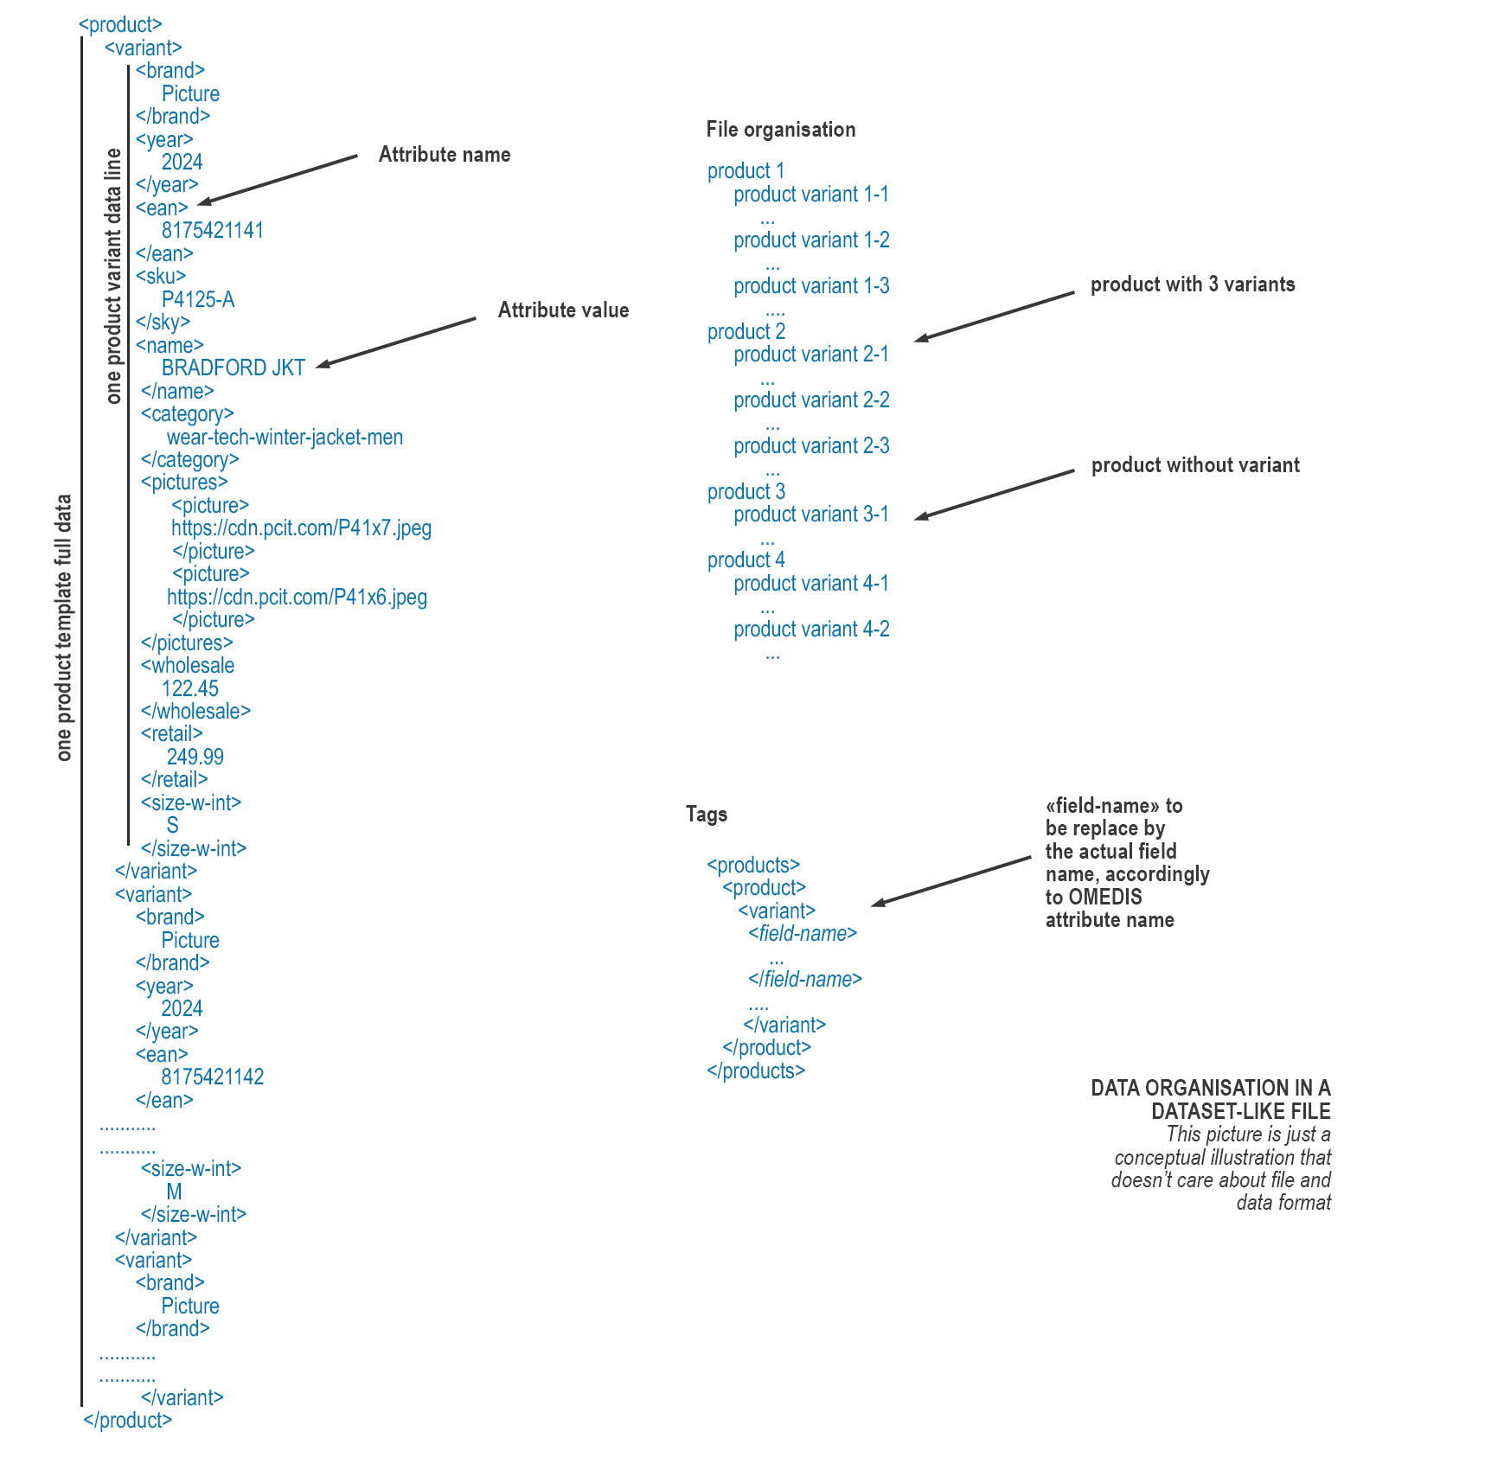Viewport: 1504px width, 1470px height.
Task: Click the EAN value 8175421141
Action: (x=212, y=231)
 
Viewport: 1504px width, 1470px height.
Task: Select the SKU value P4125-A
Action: (x=198, y=300)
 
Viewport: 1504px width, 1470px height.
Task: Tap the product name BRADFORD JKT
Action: (x=233, y=368)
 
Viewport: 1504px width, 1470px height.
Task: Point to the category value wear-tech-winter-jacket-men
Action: (x=285, y=438)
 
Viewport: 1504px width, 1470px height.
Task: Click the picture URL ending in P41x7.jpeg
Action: (x=301, y=528)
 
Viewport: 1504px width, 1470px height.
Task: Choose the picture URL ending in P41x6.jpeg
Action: (x=297, y=598)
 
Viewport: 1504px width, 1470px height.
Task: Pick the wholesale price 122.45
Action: (x=190, y=689)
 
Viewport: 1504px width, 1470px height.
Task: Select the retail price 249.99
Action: (x=195, y=757)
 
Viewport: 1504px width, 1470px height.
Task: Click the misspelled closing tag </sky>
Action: (x=163, y=323)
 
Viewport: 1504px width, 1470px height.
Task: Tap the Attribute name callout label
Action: (x=445, y=155)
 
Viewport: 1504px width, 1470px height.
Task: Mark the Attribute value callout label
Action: (x=563, y=310)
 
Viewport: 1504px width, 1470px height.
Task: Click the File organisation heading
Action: (x=780, y=130)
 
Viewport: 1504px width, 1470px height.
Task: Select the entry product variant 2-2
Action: (x=811, y=400)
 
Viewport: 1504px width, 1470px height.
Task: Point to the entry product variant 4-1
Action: (x=811, y=584)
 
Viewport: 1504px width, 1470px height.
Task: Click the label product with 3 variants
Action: (x=1192, y=284)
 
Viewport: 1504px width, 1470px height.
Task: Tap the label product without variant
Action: (x=1194, y=465)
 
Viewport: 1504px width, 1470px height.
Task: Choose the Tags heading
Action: (x=707, y=815)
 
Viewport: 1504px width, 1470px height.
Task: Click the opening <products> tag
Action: (x=753, y=866)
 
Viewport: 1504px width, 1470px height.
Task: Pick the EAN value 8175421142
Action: (x=212, y=1077)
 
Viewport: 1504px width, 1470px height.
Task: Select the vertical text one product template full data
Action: (x=64, y=628)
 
